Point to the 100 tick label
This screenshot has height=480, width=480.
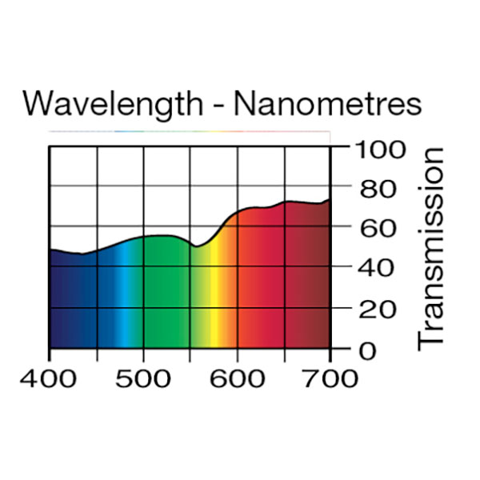[385, 149]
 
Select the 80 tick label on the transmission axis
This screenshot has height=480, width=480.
[377, 189]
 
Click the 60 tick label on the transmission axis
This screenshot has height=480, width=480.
[377, 229]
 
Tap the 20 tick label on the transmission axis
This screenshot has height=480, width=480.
[377, 309]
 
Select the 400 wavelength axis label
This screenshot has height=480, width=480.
[49, 378]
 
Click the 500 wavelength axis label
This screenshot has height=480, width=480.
[142, 378]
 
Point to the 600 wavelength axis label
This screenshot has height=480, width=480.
[237, 378]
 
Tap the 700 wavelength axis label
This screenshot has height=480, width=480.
[330, 378]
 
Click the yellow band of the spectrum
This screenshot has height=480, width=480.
[214, 304]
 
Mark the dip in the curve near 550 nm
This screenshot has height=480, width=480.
[194, 246]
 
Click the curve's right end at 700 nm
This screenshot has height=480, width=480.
[330, 200]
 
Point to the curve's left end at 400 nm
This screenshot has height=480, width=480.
[50, 250]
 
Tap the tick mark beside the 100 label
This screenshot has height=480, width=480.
[339, 147]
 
